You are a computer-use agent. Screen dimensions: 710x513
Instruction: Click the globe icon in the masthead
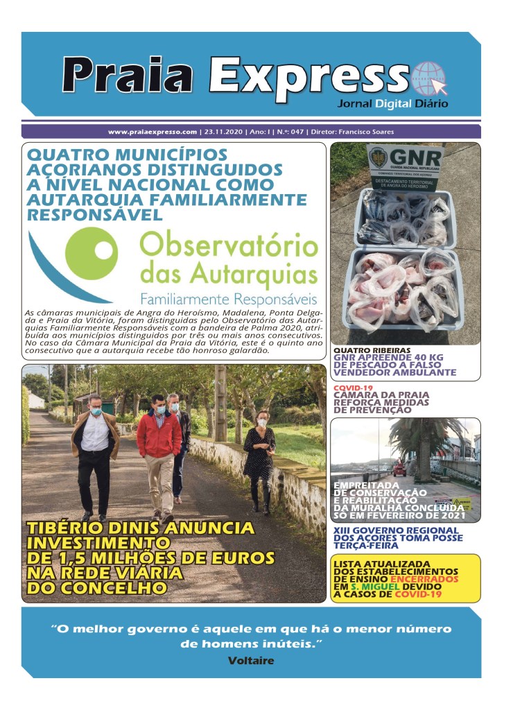[429, 78]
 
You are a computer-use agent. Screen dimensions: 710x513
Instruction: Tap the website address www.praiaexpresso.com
[153, 132]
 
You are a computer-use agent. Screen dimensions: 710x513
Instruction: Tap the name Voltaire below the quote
[250, 661]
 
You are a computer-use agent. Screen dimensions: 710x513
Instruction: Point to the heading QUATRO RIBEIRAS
[372, 350]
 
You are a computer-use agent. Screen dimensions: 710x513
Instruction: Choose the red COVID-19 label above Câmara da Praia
[354, 388]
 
